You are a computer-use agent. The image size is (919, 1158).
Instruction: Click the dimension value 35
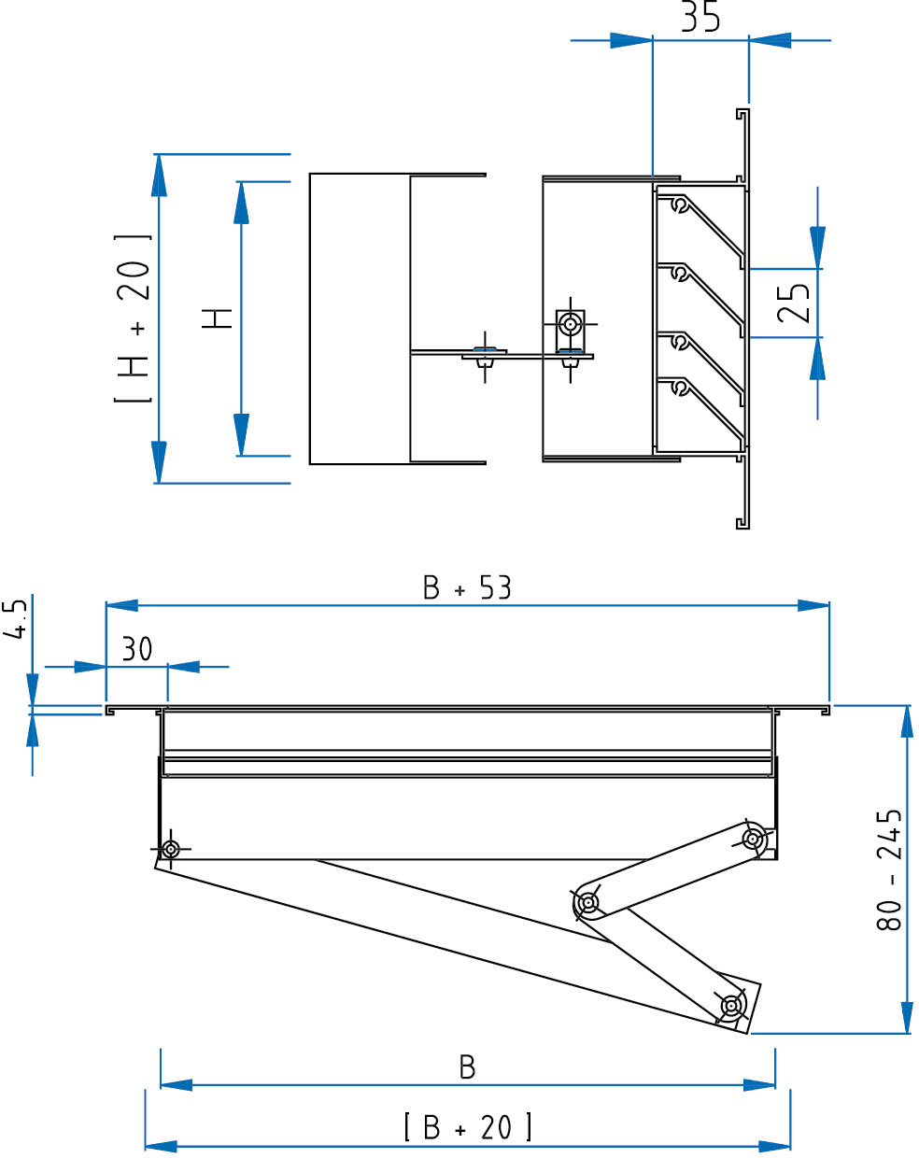pos(700,16)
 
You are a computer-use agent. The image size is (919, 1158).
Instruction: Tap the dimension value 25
pos(794,303)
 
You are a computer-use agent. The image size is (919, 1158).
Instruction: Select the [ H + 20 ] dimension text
pos(133,318)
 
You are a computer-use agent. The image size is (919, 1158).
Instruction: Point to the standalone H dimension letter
pos(217,318)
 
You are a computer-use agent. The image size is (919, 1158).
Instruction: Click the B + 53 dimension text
pos(467,587)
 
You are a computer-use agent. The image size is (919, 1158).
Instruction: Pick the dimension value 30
pos(137,649)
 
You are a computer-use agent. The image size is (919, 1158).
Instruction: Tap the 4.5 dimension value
pos(15,619)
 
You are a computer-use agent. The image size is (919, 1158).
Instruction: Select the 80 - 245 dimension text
pos(889,869)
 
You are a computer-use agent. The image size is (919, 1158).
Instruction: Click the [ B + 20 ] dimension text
pos(468,1127)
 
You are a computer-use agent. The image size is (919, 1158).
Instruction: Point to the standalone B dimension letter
pos(468,1067)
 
